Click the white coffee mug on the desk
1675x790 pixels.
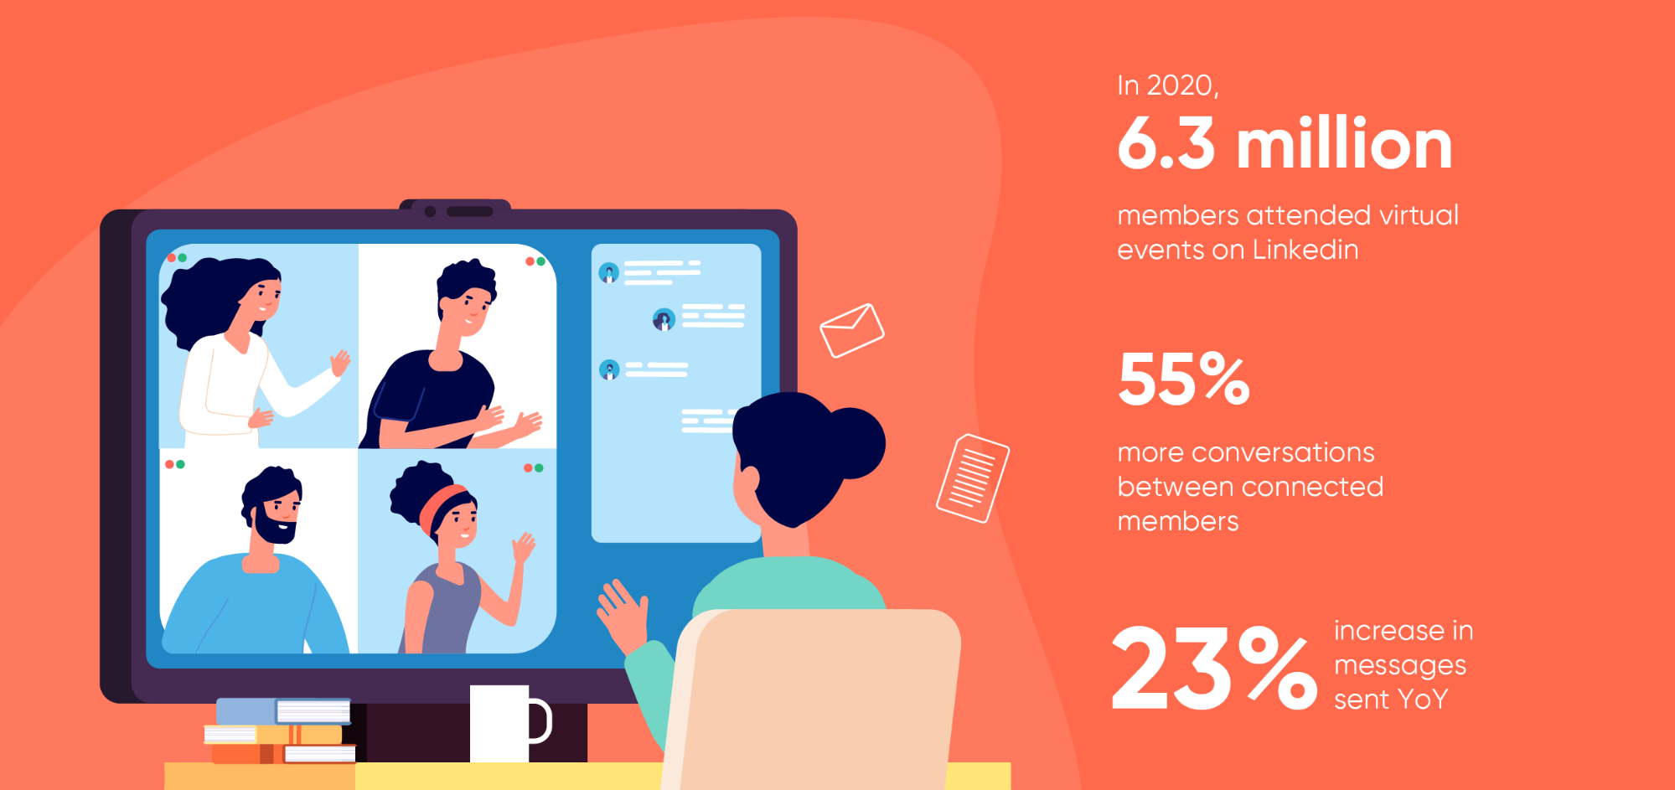(x=501, y=723)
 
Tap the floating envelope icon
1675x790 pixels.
(x=851, y=330)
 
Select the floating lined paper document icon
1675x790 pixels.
(x=972, y=478)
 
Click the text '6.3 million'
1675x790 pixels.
(x=1284, y=144)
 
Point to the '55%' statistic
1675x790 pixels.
(x=1183, y=379)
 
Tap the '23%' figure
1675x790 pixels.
(x=1213, y=669)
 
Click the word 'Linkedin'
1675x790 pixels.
(x=1305, y=250)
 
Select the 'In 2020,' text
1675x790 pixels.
(x=1167, y=85)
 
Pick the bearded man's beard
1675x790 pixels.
(x=274, y=527)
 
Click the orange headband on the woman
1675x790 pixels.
(x=441, y=504)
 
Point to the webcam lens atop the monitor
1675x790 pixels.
(x=430, y=211)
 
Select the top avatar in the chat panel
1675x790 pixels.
(x=609, y=272)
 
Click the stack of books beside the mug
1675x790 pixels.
(x=281, y=731)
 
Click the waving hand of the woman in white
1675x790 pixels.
(x=340, y=363)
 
